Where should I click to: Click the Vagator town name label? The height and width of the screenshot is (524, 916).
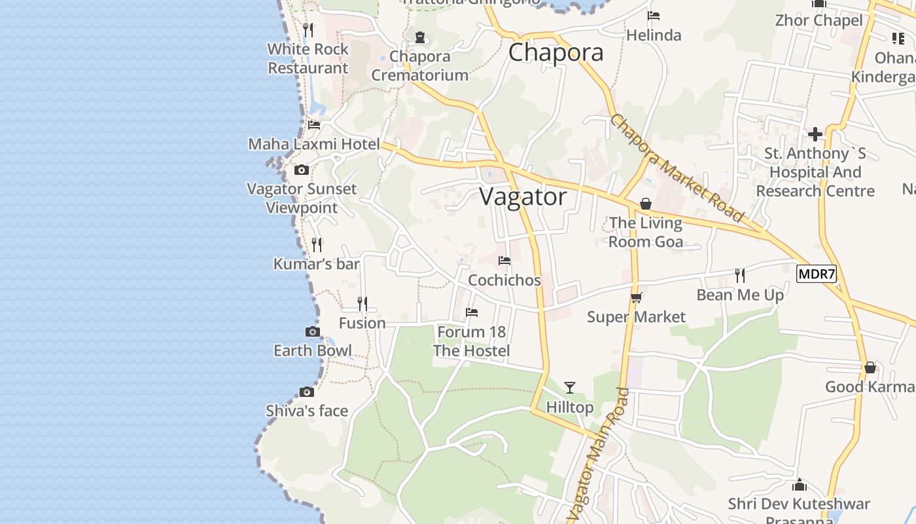[523, 196]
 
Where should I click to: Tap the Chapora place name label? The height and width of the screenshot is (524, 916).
[555, 52]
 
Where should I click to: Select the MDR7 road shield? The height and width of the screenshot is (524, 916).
[816, 274]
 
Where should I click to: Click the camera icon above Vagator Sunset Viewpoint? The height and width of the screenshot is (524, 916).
[302, 170]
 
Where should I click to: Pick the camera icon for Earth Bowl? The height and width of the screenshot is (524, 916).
[313, 332]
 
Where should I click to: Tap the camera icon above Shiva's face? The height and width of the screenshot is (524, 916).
[307, 392]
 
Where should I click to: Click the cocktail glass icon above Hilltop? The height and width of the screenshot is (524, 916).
[570, 388]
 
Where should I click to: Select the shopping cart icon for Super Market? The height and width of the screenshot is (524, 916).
[636, 298]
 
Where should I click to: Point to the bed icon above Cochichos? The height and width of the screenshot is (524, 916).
[504, 261]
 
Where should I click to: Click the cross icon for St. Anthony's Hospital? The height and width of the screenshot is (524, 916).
[815, 135]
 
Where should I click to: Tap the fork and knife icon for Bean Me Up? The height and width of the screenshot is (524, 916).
[740, 275]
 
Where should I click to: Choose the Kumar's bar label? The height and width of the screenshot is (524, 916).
[317, 264]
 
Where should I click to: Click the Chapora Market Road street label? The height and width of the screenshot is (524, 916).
[677, 168]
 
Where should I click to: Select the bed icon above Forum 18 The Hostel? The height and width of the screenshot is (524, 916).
[472, 312]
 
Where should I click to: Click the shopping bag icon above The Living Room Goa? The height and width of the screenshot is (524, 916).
[646, 204]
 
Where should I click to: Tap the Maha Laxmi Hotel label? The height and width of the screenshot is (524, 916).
[314, 144]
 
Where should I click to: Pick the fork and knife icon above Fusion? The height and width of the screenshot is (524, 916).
[362, 304]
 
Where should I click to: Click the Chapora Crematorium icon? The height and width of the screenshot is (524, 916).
[420, 37]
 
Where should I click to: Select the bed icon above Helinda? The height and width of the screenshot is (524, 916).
[653, 16]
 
